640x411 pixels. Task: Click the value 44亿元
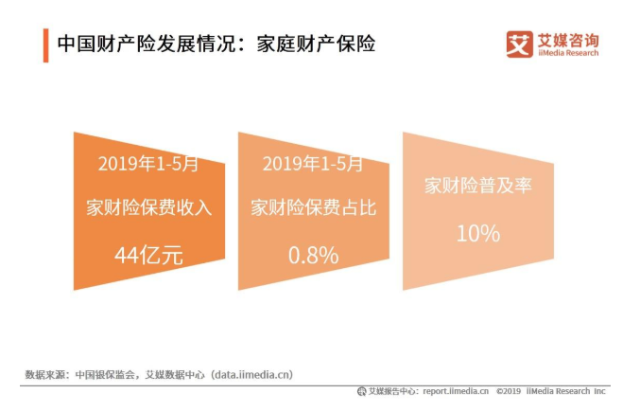(149, 254)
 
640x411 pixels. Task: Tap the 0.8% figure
(313, 254)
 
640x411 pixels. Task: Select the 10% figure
(477, 232)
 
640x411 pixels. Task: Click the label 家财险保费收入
(149, 208)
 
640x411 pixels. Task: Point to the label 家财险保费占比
(313, 208)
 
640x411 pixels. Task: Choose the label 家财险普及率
(477, 186)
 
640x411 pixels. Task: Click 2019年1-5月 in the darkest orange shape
(149, 163)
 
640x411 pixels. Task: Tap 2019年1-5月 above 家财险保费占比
(313, 163)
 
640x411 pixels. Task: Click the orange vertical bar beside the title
(44, 45)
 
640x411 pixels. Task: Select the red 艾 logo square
(519, 44)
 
